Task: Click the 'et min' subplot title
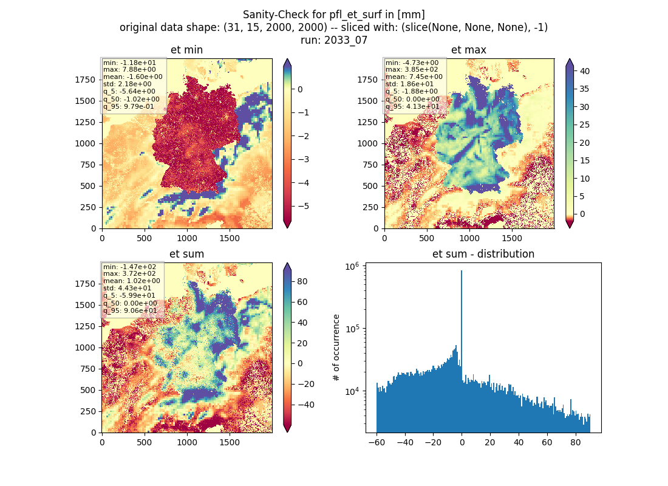click(186, 50)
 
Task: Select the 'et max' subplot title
click(469, 50)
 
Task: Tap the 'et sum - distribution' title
click(483, 254)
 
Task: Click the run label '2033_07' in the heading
click(346, 40)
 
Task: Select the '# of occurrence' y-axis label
click(336, 348)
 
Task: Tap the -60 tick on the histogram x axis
click(377, 442)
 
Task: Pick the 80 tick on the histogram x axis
click(576, 442)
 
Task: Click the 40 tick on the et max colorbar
click(584, 71)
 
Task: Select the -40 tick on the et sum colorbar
click(305, 405)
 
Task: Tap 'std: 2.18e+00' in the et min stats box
click(127, 84)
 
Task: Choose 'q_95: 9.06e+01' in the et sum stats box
click(130, 310)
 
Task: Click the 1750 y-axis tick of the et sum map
click(86, 284)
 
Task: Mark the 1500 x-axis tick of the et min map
click(229, 238)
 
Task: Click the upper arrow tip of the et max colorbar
click(570, 60)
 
